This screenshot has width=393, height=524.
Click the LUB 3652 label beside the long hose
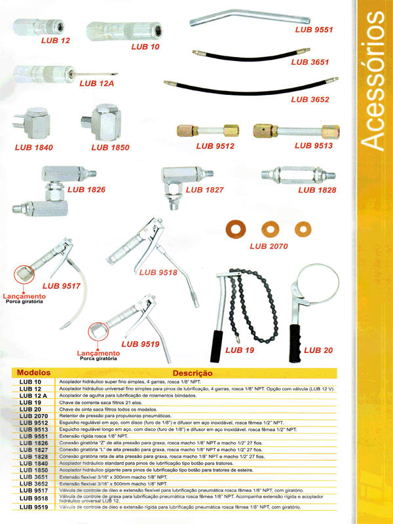(310, 100)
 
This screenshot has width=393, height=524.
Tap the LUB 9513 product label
(312, 146)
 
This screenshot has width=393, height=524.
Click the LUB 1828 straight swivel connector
(298, 176)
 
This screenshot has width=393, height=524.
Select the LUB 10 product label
(145, 47)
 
